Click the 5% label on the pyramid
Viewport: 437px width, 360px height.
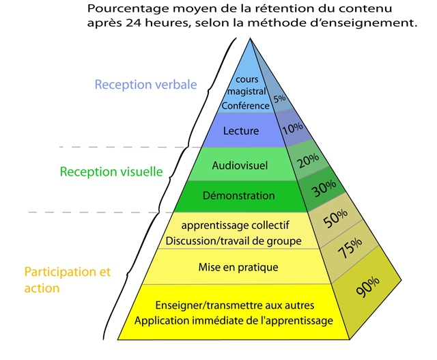(x=279, y=98)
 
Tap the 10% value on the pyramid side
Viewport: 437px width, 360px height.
(x=292, y=128)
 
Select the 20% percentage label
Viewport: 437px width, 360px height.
(x=308, y=161)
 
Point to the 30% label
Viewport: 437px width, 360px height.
(x=324, y=189)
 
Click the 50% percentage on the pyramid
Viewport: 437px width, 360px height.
(x=335, y=219)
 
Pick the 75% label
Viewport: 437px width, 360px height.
(x=350, y=248)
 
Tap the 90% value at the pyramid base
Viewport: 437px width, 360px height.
(x=368, y=286)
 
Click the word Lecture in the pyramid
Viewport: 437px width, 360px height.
(x=241, y=130)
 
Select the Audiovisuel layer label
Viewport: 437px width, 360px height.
(x=240, y=165)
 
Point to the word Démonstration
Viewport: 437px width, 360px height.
(x=239, y=195)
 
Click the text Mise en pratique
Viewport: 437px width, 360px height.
(x=238, y=267)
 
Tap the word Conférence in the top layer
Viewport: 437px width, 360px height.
(x=246, y=106)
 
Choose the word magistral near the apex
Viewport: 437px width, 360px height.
(x=246, y=92)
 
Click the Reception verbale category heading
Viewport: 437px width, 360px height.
(x=145, y=85)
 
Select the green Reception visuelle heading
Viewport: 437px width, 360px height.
(x=111, y=171)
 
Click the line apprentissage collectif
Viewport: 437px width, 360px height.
(x=236, y=225)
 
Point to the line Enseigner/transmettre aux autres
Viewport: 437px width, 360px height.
(x=235, y=305)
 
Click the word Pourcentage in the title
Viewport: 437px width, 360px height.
(x=128, y=9)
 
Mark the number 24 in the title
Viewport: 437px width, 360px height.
(x=134, y=23)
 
